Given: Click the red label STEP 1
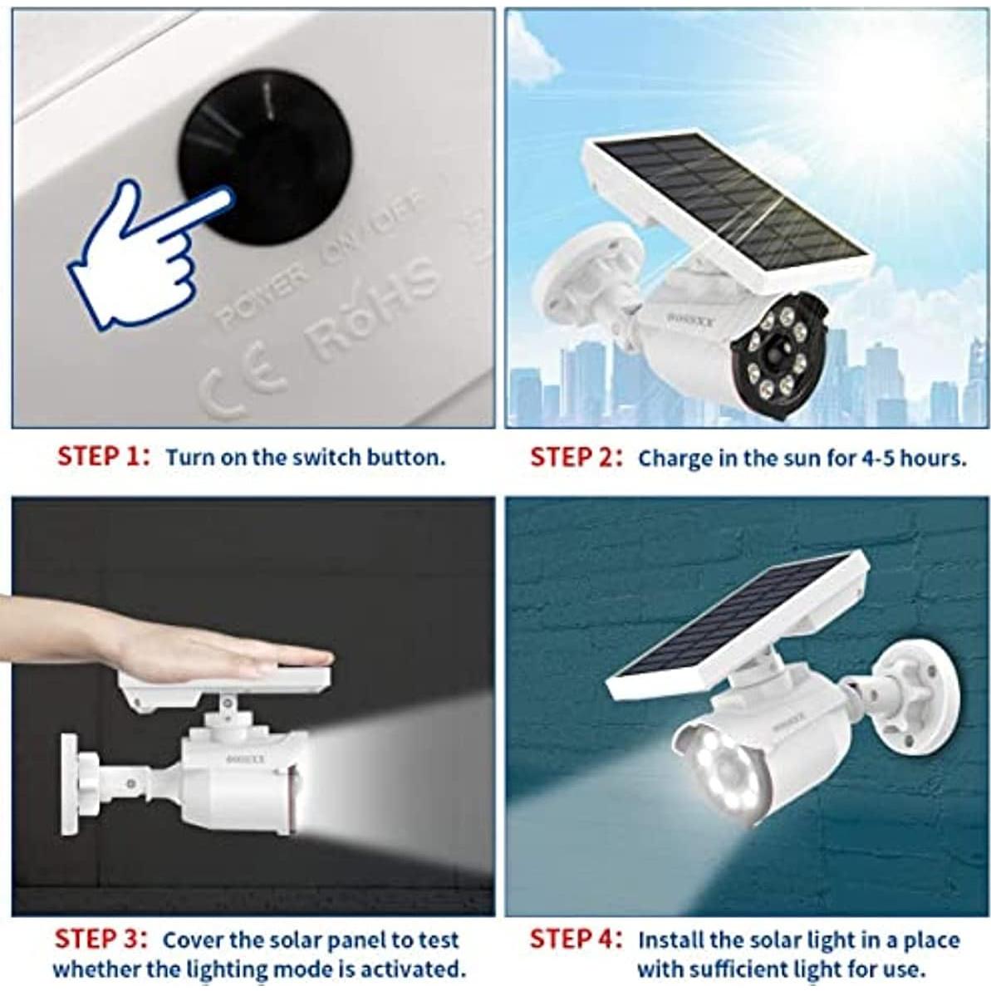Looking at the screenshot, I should point(100,457).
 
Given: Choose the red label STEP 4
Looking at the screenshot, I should point(573,939).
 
